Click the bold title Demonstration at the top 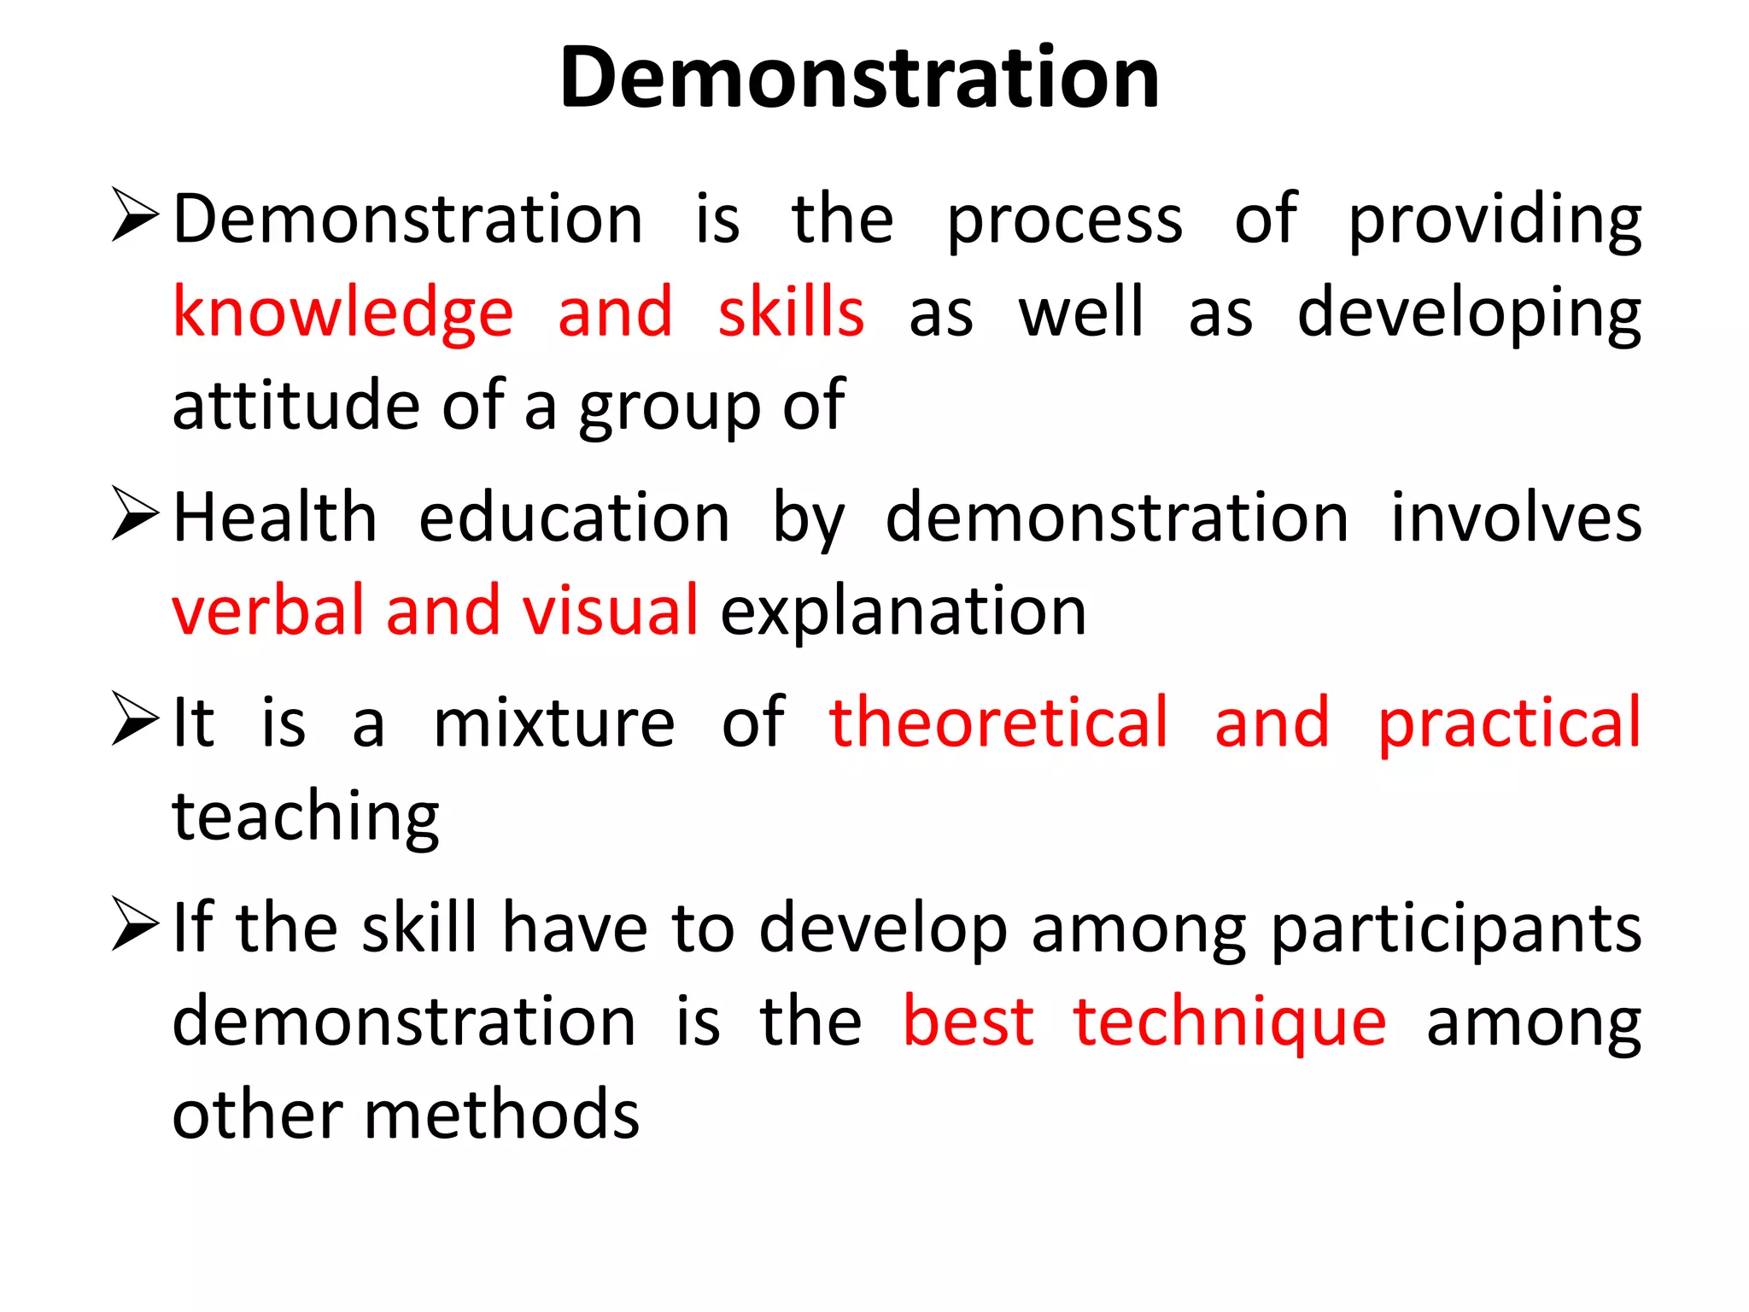click(859, 79)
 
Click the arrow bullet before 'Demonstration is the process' click(135, 216)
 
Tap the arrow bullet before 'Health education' click(135, 514)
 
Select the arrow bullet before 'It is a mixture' click(135, 719)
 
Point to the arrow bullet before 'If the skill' click(135, 925)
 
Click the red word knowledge click(342, 313)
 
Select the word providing click(1495, 220)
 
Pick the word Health click(274, 518)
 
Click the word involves click(1516, 518)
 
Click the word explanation click(903, 612)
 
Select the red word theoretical click(998, 723)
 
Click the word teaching click(305, 817)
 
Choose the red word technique click(1230, 1022)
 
